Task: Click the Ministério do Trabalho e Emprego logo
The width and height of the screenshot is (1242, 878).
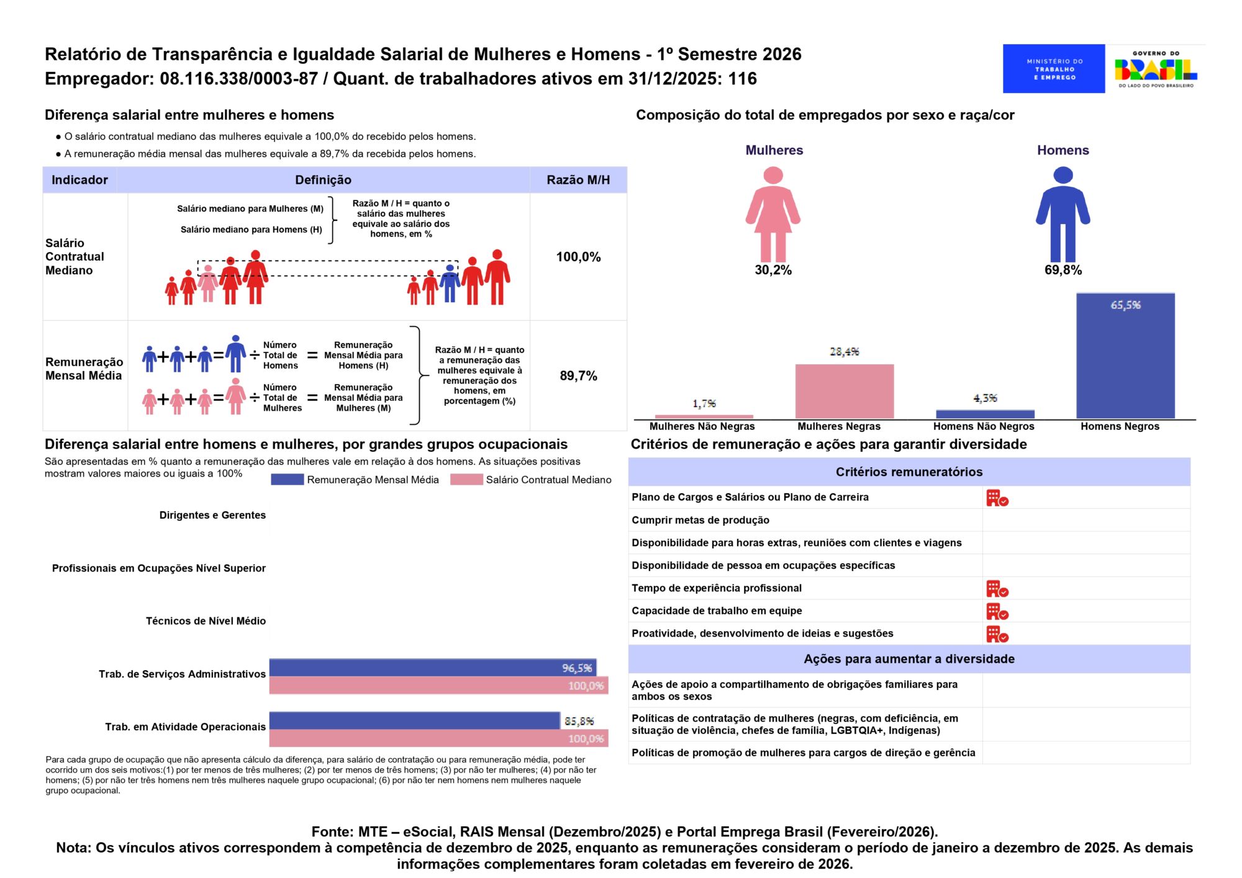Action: pyautogui.click(x=1053, y=69)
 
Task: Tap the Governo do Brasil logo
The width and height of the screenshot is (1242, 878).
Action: pyautogui.click(x=1155, y=69)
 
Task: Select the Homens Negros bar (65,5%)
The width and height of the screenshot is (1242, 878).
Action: pyautogui.click(x=1125, y=356)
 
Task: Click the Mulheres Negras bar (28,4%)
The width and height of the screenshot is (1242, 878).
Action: pyautogui.click(x=844, y=391)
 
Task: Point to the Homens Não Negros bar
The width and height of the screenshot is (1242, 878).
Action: pyautogui.click(x=985, y=414)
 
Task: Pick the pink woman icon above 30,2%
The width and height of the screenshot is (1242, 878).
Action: pyautogui.click(x=773, y=213)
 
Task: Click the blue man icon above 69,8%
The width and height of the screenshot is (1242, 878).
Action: pyautogui.click(x=1063, y=213)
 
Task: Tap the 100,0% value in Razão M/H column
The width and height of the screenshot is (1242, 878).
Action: pyautogui.click(x=578, y=257)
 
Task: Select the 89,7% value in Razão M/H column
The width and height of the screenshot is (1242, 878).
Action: pyautogui.click(x=578, y=376)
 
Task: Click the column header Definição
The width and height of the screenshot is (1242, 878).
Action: pyautogui.click(x=323, y=180)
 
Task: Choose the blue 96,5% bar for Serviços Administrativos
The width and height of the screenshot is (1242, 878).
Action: pyautogui.click(x=432, y=668)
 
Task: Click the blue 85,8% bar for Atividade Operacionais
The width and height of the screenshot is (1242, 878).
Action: pyautogui.click(x=414, y=720)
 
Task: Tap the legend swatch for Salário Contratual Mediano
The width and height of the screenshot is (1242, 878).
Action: pyautogui.click(x=466, y=480)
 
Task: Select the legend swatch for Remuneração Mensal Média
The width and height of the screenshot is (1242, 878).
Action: pyautogui.click(x=287, y=480)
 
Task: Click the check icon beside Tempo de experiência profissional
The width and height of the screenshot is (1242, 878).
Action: pyautogui.click(x=997, y=588)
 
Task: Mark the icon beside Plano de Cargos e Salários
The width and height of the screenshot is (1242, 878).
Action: pyautogui.click(x=997, y=498)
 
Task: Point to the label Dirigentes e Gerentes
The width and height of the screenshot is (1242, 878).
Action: pyautogui.click(x=212, y=515)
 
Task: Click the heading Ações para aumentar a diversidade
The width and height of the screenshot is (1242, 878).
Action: pyautogui.click(x=909, y=659)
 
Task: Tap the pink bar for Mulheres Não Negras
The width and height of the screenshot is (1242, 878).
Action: pyautogui.click(x=704, y=416)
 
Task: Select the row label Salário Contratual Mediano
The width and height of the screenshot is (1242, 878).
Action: pyautogui.click(x=75, y=257)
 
